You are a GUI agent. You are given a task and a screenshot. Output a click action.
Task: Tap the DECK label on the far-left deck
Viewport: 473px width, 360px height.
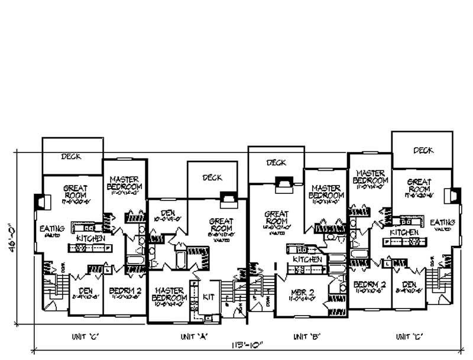point(71,157)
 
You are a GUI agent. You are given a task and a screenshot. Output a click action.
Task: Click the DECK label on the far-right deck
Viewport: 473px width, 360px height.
point(423,150)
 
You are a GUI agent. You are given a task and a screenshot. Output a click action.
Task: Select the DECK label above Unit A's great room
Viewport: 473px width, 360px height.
point(212,177)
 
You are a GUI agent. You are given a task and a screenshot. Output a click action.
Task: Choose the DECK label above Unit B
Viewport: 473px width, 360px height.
point(276,163)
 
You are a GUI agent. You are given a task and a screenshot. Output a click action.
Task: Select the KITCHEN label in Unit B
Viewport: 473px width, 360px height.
point(308,260)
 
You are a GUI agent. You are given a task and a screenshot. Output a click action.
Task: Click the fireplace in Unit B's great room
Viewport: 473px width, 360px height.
point(284,185)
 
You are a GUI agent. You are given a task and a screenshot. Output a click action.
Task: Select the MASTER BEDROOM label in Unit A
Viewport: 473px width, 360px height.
point(170,294)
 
